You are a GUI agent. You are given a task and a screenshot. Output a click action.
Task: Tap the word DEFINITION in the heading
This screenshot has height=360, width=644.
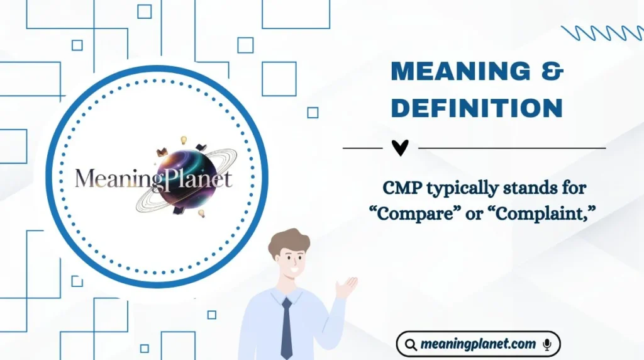477,108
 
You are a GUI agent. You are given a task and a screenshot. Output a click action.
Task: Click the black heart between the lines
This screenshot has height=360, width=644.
400,148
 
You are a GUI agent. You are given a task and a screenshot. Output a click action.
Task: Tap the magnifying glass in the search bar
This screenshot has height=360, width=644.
411,345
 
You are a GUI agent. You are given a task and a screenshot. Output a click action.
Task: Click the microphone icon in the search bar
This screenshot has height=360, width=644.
547,344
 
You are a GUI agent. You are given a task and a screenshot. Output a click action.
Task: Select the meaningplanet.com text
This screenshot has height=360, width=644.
478,344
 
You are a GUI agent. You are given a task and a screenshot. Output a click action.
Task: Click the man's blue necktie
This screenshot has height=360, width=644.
286,327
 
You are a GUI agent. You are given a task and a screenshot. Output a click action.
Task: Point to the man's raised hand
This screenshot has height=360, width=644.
346,286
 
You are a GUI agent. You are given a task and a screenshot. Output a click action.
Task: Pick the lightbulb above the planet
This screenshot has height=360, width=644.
184,140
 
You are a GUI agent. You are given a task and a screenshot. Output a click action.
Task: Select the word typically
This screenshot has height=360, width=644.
454,188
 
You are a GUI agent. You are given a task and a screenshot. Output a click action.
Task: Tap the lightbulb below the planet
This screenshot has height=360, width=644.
201,213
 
